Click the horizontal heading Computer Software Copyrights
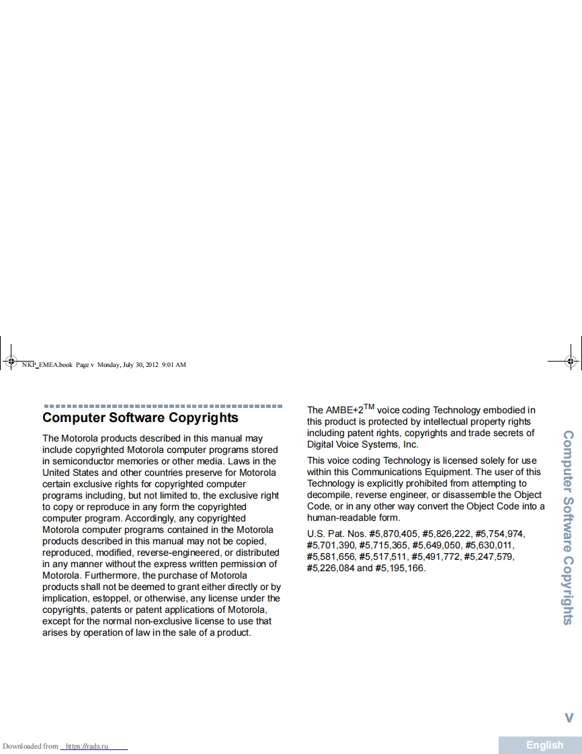pyautogui.click(x=140, y=418)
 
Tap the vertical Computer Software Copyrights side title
pyautogui.click(x=568, y=528)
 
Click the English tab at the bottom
pyautogui.click(x=544, y=745)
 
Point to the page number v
pyautogui.click(x=569, y=718)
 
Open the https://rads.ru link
pyautogui.click(x=93, y=746)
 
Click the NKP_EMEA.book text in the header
pyautogui.click(x=46, y=365)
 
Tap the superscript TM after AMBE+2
pyautogui.click(x=369, y=406)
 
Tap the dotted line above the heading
pyautogui.click(x=163, y=406)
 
